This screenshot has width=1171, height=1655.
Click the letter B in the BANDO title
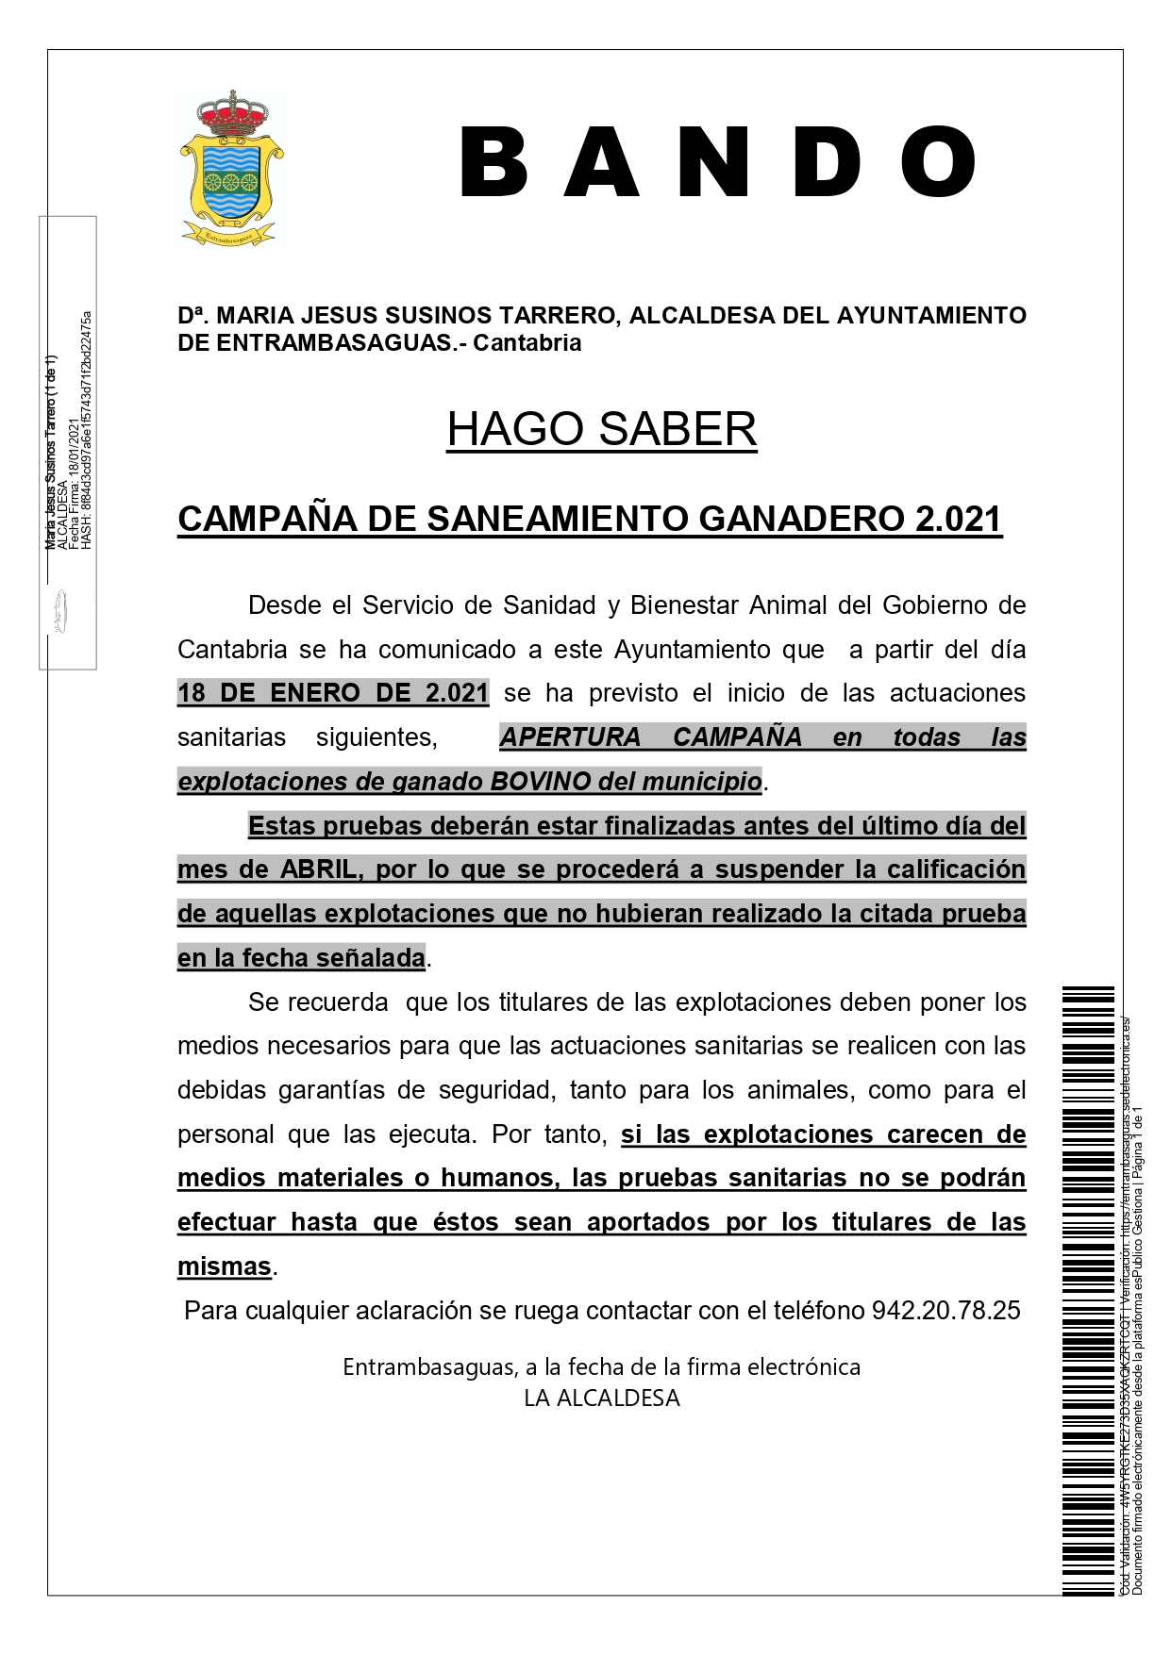pos(493,162)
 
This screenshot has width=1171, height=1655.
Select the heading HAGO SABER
pos(601,429)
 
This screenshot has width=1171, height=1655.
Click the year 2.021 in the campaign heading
pos(958,519)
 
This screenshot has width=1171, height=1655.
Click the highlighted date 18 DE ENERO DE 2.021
pos(333,693)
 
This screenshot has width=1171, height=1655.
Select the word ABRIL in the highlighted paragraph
pos(319,869)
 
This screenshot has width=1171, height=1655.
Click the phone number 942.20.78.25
pos(945,1311)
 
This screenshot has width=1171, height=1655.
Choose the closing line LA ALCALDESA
pos(601,1398)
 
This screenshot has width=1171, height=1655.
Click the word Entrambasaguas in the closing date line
pos(428,1367)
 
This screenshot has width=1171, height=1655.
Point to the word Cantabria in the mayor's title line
pos(527,343)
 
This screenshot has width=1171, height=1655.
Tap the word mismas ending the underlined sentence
pos(225,1266)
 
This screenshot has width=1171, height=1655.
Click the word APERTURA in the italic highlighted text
pos(570,737)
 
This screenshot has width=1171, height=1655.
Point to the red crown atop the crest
pos(231,114)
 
